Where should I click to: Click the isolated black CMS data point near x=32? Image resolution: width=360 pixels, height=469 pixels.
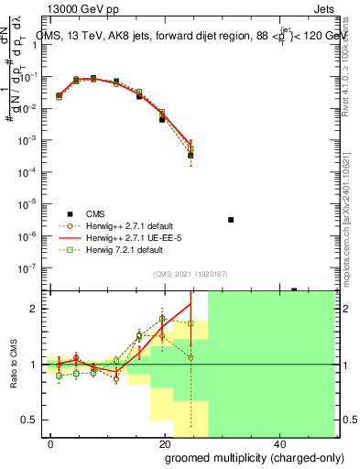click(231, 220)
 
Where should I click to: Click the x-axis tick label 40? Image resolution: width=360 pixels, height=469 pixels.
click(278, 442)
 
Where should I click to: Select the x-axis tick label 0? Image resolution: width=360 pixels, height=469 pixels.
click(51, 442)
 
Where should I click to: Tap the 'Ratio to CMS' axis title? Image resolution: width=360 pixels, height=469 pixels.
click(13, 364)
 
